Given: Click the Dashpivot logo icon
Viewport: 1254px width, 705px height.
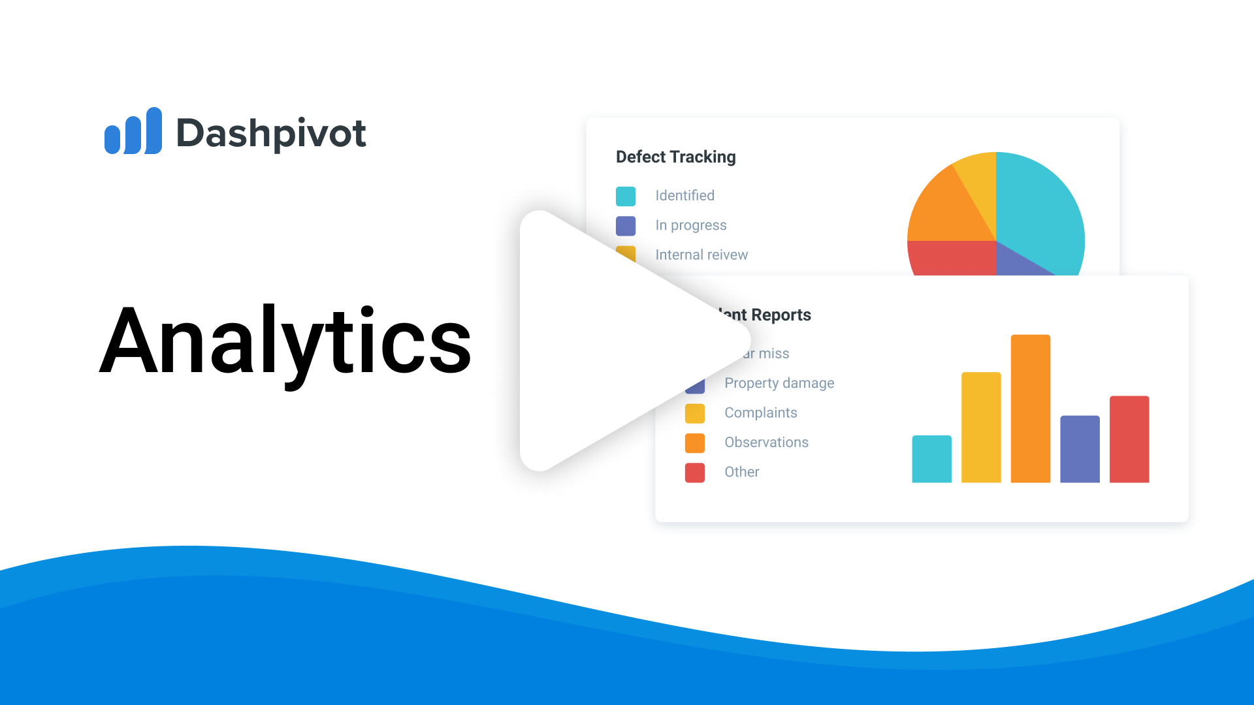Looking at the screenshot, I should [x=133, y=131].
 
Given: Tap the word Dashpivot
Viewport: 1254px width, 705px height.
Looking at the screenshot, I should [x=271, y=134].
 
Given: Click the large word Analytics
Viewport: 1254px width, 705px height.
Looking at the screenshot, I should [x=285, y=341].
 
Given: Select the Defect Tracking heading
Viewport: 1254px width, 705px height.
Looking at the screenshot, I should [x=675, y=157].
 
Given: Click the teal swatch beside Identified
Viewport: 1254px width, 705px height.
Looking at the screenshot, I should [x=626, y=196].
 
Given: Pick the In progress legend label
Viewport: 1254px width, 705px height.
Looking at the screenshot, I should [x=690, y=225].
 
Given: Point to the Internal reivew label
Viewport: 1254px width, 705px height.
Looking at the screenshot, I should [x=701, y=255].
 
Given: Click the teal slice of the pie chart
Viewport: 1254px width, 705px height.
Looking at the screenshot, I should [x=1038, y=209].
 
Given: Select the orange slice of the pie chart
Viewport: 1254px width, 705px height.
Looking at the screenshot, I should [x=944, y=209].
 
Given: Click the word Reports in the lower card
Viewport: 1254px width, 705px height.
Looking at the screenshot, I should [x=781, y=315].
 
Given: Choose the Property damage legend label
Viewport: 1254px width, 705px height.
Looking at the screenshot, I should [x=779, y=383].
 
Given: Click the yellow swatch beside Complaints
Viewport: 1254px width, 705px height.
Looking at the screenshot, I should [x=695, y=413].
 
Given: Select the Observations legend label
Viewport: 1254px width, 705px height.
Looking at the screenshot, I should [x=766, y=443].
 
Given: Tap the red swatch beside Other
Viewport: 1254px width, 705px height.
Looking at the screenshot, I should [x=695, y=473].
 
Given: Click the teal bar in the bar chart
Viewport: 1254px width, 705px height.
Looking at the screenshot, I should [x=931, y=459].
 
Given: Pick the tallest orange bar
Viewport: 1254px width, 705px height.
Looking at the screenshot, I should [x=1030, y=409].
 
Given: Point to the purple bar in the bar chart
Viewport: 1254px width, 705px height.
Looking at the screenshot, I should [x=1080, y=449].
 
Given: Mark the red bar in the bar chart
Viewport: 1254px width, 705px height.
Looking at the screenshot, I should [x=1129, y=439].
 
